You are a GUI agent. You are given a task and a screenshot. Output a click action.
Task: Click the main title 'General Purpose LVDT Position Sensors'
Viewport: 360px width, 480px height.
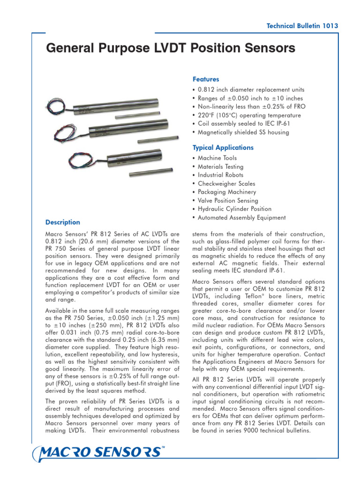[x=171, y=48]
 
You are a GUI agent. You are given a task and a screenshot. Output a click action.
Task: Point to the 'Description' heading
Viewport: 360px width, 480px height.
[x=62, y=222]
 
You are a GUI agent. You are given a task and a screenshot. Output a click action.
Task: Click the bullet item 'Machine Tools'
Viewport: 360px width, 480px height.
[x=217, y=158]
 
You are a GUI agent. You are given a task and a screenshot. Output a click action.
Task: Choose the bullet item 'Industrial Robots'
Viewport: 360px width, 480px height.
[x=220, y=175]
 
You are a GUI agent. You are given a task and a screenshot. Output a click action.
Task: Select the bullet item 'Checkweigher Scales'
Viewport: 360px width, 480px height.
[x=226, y=184]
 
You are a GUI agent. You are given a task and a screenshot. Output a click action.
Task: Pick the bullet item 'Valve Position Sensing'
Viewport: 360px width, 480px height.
[x=227, y=201]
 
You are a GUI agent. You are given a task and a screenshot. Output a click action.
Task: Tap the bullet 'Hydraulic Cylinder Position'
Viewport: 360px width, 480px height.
[x=234, y=209]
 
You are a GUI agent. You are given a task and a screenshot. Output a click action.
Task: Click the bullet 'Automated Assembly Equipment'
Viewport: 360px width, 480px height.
[x=241, y=217]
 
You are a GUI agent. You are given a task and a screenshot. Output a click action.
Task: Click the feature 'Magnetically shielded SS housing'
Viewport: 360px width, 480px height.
[x=243, y=132]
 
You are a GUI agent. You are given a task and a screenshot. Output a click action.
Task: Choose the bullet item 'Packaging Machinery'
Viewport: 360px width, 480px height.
[x=226, y=192]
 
